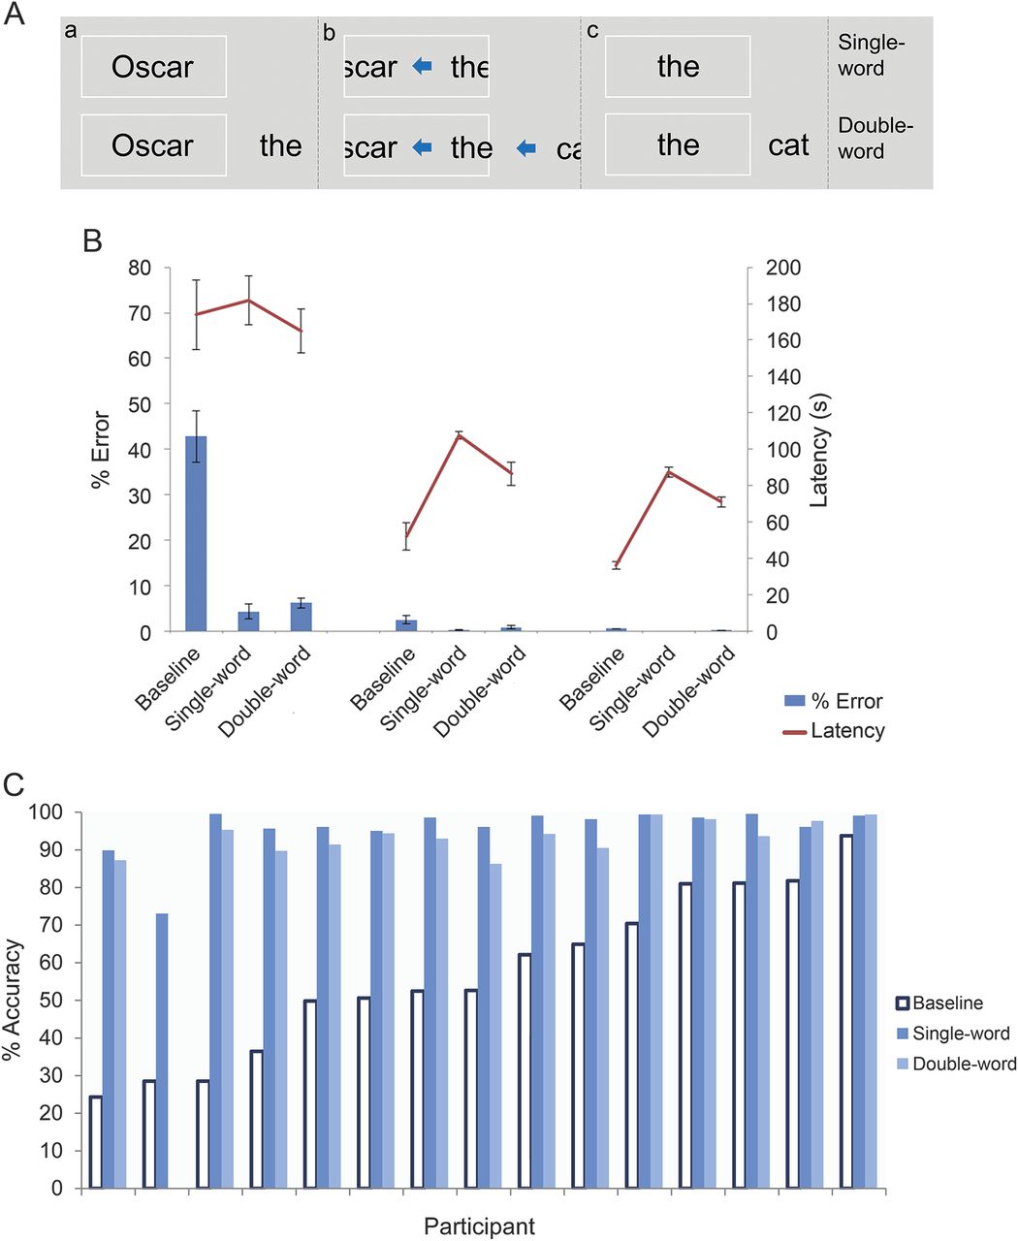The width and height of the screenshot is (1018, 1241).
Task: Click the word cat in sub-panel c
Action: coord(787,145)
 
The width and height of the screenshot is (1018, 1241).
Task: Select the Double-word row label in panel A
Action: coord(875,139)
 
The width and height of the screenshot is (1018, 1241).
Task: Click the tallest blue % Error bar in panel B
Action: coord(196,533)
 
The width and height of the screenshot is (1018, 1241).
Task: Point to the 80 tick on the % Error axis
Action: coord(141,268)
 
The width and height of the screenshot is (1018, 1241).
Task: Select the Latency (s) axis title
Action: coord(819,450)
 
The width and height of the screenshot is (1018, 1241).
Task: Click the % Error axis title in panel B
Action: coord(101,450)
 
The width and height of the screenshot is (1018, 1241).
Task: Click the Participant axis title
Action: coord(479,1226)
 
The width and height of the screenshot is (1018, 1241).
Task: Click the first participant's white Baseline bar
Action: coord(96,1141)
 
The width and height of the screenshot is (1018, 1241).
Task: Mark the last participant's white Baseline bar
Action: coord(846,1011)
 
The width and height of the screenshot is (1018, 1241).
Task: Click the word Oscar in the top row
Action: coord(152,67)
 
